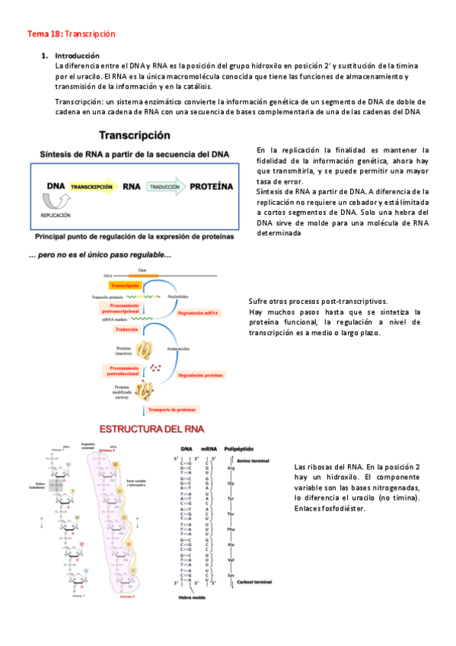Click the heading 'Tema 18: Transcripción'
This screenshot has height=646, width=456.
point(71,34)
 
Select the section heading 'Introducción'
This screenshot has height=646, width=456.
point(78,56)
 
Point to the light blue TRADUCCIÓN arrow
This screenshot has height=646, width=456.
point(164,186)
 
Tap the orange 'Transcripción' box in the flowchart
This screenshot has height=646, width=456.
point(120,284)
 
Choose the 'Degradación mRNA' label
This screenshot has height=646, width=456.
point(199,312)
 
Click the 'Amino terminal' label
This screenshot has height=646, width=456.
point(252,460)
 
